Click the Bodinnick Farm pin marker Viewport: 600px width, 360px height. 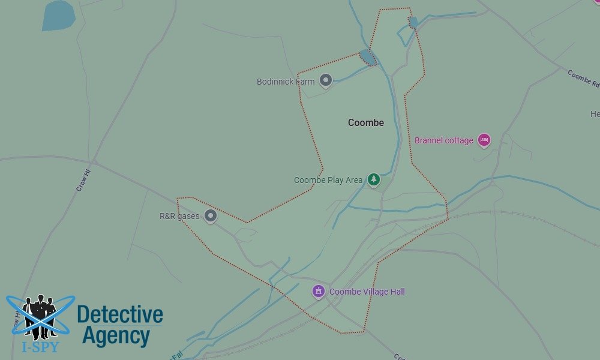325,80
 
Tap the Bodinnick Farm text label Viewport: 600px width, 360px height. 286,82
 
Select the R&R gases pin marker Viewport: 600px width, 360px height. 210,216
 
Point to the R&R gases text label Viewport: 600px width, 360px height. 179,216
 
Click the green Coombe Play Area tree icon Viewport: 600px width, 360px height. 374,179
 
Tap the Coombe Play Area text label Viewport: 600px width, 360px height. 328,180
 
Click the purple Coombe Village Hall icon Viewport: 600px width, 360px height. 319,292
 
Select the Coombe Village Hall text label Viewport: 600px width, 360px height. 367,292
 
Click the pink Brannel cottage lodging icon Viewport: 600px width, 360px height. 484,140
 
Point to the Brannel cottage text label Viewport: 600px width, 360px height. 444,140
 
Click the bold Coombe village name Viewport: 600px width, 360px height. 366,122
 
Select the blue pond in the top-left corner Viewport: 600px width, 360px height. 58,15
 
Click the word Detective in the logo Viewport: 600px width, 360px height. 120,314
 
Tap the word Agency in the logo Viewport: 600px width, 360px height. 116,336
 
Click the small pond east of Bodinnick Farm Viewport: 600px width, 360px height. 367,58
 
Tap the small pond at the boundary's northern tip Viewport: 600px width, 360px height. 413,22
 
